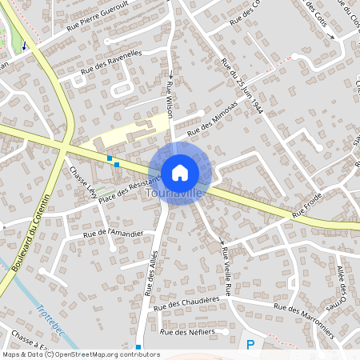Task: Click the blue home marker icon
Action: pos(180,172)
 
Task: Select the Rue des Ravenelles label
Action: pos(110,64)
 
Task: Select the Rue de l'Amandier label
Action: pos(113,234)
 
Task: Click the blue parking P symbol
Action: pos(250,345)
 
